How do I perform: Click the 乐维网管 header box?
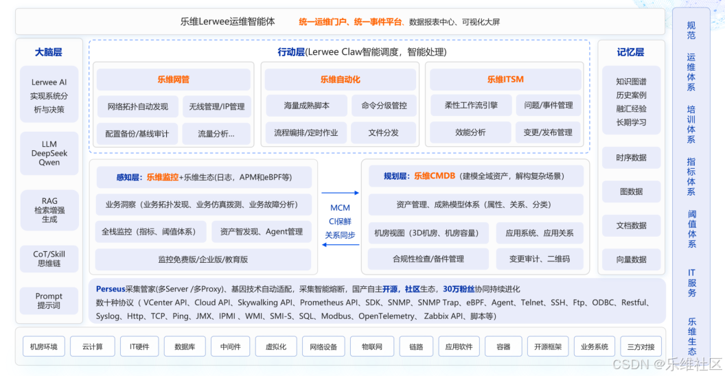click(x=173, y=80)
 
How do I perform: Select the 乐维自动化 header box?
click(x=340, y=80)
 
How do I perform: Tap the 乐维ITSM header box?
click(x=505, y=80)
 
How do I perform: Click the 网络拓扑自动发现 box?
click(x=137, y=106)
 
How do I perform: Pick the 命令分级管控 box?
click(x=383, y=106)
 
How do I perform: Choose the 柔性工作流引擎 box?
click(x=471, y=106)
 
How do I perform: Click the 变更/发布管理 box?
click(x=548, y=132)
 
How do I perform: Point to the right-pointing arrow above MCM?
click(x=340, y=193)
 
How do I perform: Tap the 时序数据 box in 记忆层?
click(x=631, y=158)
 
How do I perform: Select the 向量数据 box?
click(x=631, y=259)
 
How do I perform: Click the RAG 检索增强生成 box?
click(x=49, y=209)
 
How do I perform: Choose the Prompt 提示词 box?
click(x=49, y=301)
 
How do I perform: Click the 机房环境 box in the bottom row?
click(x=45, y=346)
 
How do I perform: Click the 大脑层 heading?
click(x=49, y=52)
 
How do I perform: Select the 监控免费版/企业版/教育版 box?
click(x=203, y=259)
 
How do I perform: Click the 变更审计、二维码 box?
click(x=539, y=259)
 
